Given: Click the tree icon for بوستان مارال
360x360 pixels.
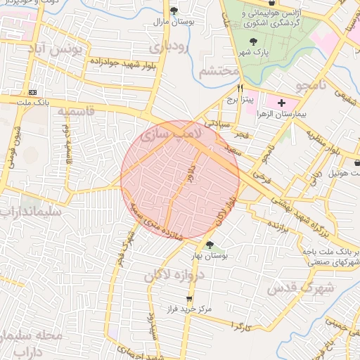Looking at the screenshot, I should [x=174, y=11].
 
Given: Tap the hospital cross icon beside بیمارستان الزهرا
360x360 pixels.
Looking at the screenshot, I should [x=282, y=103].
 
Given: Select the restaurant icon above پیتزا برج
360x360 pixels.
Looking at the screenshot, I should [x=240, y=89].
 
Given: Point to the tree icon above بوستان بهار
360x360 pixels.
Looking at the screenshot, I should [x=210, y=244].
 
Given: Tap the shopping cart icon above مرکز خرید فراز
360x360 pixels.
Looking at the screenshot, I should [x=188, y=298].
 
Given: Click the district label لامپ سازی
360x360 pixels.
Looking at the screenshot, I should [x=171, y=132].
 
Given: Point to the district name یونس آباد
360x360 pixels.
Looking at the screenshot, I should [x=60, y=50].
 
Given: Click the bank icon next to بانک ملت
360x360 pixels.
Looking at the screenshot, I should [x=32, y=92].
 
